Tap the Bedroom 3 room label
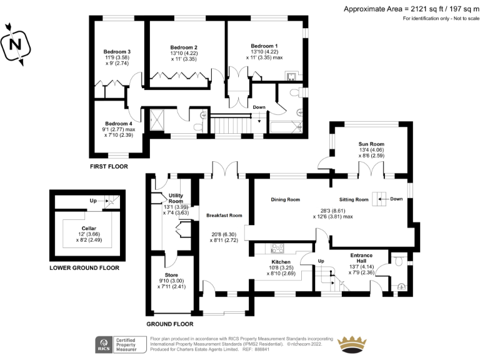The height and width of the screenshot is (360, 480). click(117, 51)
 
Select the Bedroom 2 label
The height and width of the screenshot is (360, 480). click(184, 47)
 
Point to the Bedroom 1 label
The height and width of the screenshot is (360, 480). click(264, 46)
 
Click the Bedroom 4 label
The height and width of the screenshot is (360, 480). click(117, 124)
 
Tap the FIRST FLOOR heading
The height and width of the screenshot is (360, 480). click(109, 167)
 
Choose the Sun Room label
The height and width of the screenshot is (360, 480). click(371, 144)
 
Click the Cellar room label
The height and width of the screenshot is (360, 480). click(88, 229)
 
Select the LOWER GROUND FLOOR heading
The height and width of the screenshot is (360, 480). click(84, 268)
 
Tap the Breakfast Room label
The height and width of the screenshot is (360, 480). click(224, 216)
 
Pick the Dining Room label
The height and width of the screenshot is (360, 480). click(285, 200)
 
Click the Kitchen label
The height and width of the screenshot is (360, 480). click(280, 262)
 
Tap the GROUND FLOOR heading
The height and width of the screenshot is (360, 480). click(169, 324)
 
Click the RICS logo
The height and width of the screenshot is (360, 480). click(102, 344)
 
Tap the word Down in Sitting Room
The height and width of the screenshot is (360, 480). click(396, 199)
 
